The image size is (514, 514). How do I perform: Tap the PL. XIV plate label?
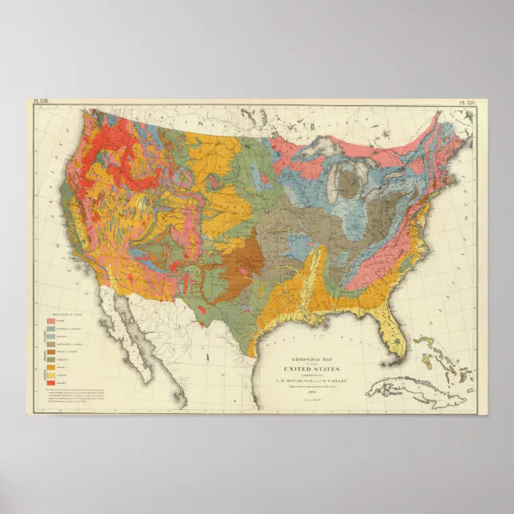465,103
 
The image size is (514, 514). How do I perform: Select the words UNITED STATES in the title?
311,370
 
